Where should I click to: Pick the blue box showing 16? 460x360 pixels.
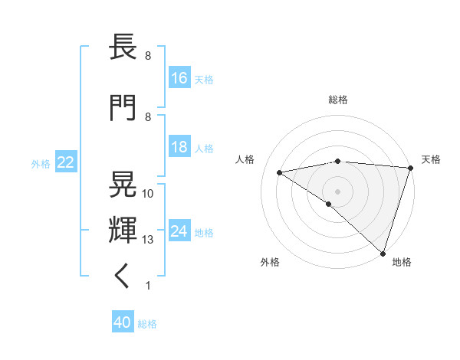pyautogui.click(x=179, y=78)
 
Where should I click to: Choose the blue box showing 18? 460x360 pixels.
pyautogui.click(x=179, y=147)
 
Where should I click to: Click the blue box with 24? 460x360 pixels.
pyautogui.click(x=179, y=231)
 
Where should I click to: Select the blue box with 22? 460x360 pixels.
pyautogui.click(x=65, y=162)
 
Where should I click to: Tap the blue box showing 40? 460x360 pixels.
pyautogui.click(x=123, y=323)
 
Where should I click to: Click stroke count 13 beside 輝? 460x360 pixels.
pyautogui.click(x=148, y=240)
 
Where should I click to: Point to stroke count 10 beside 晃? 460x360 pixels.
pyautogui.click(x=148, y=193)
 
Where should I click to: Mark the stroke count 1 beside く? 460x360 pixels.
pyautogui.click(x=148, y=286)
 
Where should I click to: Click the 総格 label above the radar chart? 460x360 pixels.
pyautogui.click(x=337, y=100)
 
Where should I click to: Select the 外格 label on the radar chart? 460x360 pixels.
pyautogui.click(x=269, y=262)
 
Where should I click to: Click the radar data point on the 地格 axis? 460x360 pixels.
pyautogui.click(x=382, y=253)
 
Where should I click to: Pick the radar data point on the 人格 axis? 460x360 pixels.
pyautogui.click(x=280, y=172)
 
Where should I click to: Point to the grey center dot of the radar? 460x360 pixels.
pyautogui.click(x=337, y=191)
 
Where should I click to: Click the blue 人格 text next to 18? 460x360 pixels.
pyautogui.click(x=204, y=148)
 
